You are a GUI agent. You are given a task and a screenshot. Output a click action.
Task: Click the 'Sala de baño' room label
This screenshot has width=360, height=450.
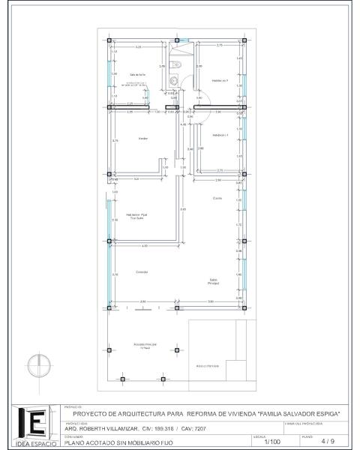point(136,75)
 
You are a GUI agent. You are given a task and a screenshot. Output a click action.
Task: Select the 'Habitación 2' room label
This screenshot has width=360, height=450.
point(220,80)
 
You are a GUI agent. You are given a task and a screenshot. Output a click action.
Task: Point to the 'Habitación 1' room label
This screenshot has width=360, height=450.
point(220,135)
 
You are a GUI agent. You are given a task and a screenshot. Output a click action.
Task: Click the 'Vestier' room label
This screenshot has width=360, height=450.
point(142,139)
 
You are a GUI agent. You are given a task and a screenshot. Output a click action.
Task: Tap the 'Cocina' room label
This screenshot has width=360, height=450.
point(217,198)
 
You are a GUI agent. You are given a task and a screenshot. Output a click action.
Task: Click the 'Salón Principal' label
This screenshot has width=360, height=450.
point(214,282)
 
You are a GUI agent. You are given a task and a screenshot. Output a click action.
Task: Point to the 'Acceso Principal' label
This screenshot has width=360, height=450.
point(145,346)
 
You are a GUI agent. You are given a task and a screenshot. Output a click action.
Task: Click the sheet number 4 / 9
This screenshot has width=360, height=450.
point(326,442)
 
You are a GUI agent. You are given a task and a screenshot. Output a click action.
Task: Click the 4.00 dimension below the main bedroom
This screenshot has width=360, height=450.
point(145,246)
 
